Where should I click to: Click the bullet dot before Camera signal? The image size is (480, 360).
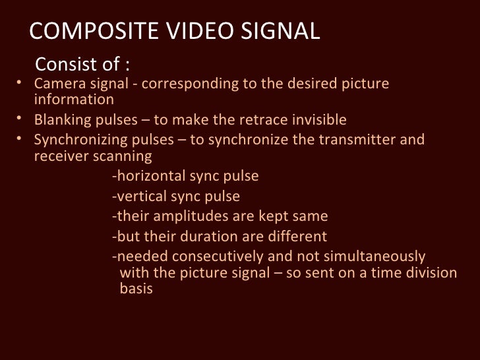tap(19, 83)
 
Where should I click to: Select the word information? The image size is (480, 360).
tap(73, 100)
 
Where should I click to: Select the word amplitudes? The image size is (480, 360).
tap(176, 217)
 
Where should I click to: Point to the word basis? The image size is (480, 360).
tap(136, 289)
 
